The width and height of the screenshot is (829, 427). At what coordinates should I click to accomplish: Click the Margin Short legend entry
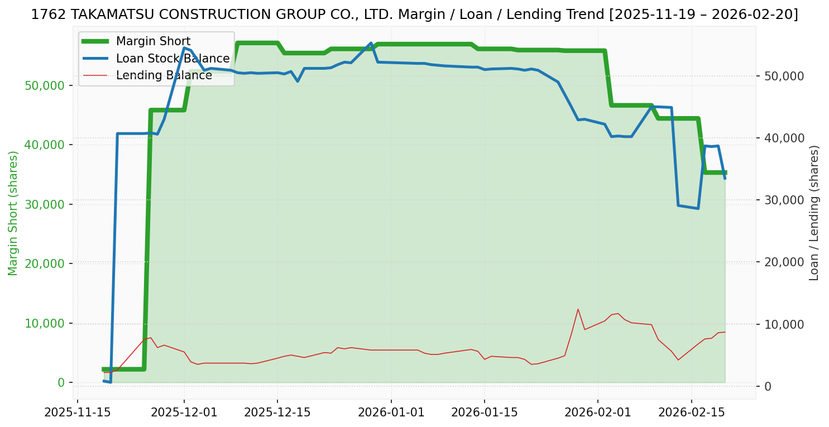coord(153,41)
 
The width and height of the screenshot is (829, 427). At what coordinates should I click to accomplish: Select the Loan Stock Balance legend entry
coord(172,59)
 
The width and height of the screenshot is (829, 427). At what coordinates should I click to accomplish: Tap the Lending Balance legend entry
coord(164,75)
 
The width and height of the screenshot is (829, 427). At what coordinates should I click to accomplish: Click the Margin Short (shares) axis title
coord(13,213)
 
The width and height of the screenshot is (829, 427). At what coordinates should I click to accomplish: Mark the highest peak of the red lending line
coord(578,309)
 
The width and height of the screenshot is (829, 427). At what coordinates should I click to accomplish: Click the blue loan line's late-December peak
coord(371,43)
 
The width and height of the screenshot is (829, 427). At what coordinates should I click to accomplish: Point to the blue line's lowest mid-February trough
coord(698,209)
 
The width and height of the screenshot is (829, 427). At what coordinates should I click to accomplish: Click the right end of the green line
coord(725,172)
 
